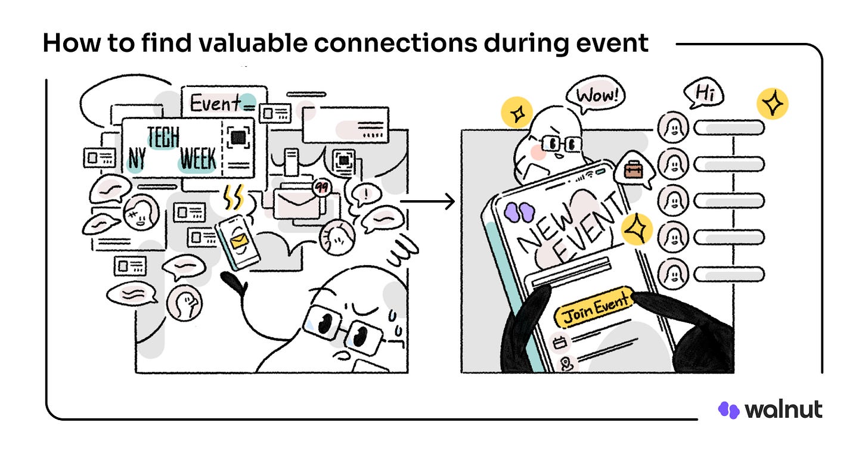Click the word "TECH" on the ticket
[x=163, y=138]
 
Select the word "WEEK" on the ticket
[x=199, y=160]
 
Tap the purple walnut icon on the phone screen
[x=516, y=211]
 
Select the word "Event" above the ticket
[x=215, y=104]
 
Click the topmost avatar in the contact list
[x=672, y=128]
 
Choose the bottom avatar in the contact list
[x=672, y=274]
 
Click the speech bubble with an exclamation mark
[x=362, y=194]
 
